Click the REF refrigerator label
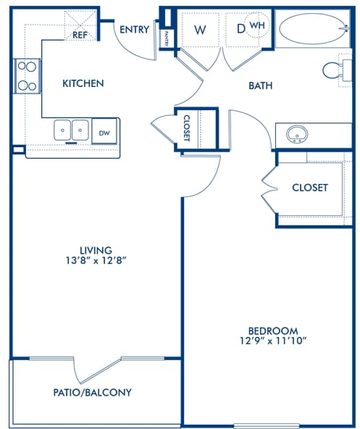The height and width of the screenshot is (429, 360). pos(80,33)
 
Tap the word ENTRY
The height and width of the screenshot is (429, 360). pos(135,30)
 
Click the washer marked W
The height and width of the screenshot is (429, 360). pos(199,30)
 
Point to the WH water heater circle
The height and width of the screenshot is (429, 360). pos(256,25)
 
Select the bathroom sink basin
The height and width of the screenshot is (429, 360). pos(296,135)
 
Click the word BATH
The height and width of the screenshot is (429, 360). pos(260,86)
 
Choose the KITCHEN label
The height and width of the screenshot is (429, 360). pos(83,83)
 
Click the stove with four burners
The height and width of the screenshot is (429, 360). pos(27,75)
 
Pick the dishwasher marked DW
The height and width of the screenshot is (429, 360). pos(104,132)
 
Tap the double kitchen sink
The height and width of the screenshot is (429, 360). pos(71,130)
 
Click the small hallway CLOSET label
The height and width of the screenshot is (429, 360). pos(187,128)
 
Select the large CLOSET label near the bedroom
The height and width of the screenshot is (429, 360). pos(309,188)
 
